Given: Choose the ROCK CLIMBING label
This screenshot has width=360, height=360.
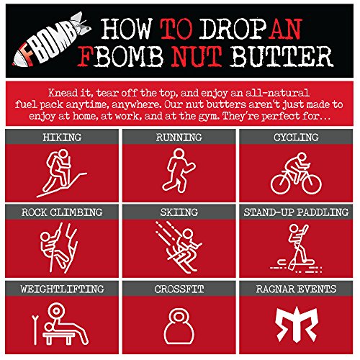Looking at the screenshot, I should pyautogui.click(x=61, y=212).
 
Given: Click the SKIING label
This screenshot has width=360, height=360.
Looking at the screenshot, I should pyautogui.click(x=179, y=212).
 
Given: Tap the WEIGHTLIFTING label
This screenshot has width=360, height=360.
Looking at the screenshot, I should pyautogui.click(x=61, y=288).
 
